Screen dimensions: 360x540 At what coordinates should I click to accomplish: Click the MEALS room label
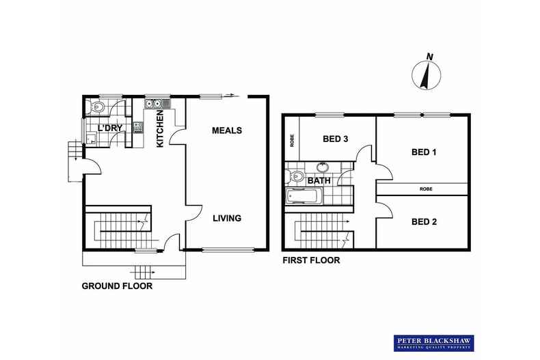pyautogui.click(x=226, y=130)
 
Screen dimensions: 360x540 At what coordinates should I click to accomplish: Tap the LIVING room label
pyautogui.click(x=226, y=219)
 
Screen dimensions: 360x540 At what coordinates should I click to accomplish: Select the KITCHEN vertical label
pyautogui.click(x=160, y=130)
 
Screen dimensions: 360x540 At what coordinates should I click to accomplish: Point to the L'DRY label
pyautogui.click(x=109, y=128)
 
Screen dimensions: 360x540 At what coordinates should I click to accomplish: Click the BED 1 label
pyautogui.click(x=424, y=152)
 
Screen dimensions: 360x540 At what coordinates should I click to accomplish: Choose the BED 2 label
pyautogui.click(x=424, y=221)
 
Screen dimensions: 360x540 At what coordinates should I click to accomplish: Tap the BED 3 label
pyautogui.click(x=336, y=139)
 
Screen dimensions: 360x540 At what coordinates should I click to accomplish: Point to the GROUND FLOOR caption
pyautogui.click(x=117, y=286)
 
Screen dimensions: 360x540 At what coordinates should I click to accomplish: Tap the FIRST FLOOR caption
pyautogui.click(x=311, y=260)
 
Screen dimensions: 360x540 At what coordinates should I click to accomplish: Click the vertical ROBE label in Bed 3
pyautogui.click(x=291, y=141)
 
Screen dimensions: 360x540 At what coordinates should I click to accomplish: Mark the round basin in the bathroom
pyautogui.click(x=323, y=167)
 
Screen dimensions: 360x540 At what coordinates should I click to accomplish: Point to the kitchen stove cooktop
pyautogui.click(x=137, y=126)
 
